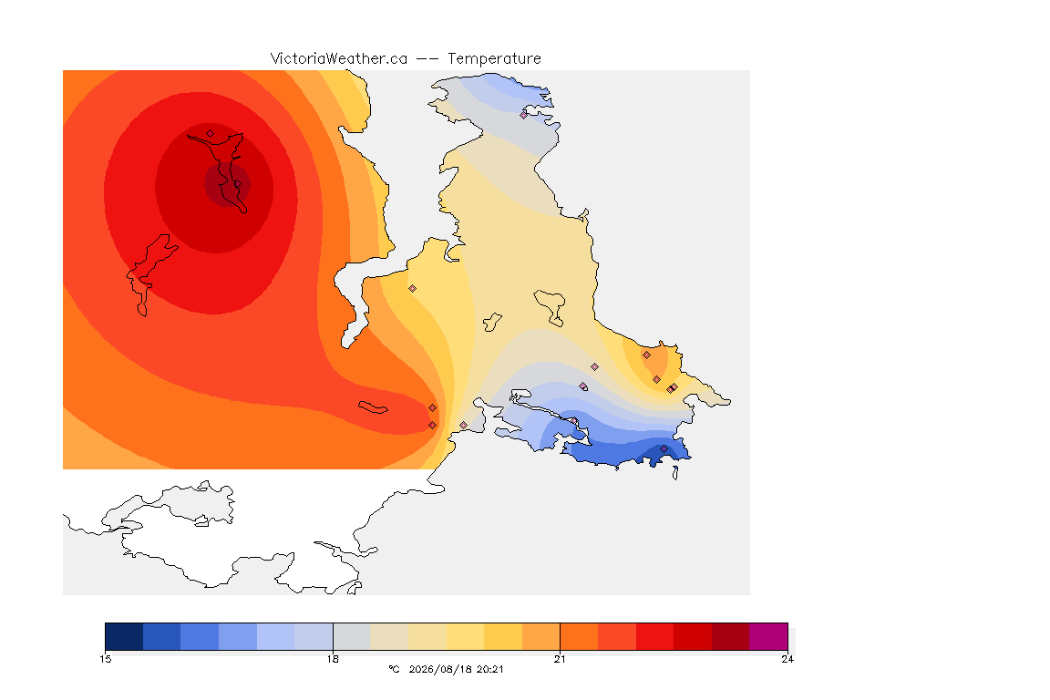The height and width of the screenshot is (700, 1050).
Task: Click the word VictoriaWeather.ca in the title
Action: [x=339, y=59]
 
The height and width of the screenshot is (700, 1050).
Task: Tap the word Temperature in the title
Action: [x=494, y=59]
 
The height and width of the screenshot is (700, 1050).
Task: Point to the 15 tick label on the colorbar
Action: [x=105, y=659]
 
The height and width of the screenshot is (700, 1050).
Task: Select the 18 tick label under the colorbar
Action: [x=333, y=659]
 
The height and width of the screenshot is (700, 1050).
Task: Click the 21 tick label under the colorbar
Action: [x=560, y=659]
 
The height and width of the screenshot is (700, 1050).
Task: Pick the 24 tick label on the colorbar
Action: [x=787, y=659]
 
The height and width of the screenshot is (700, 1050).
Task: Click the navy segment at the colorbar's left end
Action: [x=124, y=636]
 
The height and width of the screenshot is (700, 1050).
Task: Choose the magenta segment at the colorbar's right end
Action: [x=768, y=636]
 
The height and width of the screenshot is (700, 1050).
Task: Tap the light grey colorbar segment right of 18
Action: [x=352, y=636]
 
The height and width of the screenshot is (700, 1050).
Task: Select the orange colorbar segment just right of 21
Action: [x=580, y=636]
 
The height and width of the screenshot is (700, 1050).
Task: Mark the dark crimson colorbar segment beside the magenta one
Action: [x=731, y=636]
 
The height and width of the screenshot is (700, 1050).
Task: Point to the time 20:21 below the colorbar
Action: [x=489, y=669]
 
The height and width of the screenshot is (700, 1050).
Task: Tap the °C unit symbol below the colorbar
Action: [x=394, y=669]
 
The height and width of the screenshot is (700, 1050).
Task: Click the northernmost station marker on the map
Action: [x=524, y=115]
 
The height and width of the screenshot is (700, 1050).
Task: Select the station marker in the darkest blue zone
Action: [x=664, y=448]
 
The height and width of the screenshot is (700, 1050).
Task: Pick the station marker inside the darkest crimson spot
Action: [x=238, y=183]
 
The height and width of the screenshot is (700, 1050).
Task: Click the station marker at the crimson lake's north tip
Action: [x=211, y=133]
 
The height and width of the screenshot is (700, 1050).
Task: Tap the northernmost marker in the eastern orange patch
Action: [x=646, y=355]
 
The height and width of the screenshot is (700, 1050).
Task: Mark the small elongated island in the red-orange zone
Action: [x=373, y=407]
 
